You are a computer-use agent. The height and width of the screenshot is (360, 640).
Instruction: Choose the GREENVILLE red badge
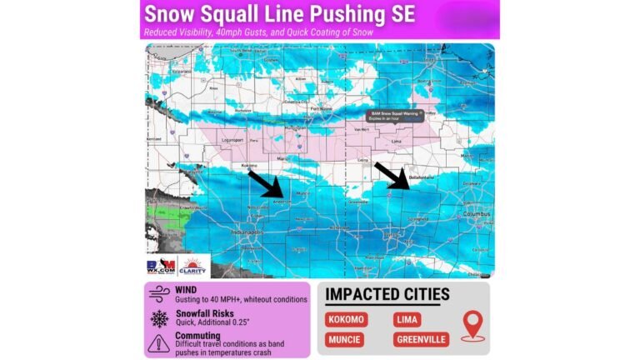click(420, 339)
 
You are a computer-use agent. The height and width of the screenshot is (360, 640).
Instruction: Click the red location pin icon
click(472, 325)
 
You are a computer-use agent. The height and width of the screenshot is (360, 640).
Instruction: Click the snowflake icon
click(158, 318)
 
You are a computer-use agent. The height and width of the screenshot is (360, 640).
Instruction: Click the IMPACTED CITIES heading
click(387, 294)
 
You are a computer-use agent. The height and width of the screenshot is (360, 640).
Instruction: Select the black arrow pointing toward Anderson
click(267, 183)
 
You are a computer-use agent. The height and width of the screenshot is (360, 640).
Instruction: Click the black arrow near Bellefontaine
click(391, 175)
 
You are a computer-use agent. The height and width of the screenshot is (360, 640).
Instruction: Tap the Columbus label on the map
click(477, 213)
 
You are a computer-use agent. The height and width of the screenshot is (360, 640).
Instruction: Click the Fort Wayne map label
click(321, 108)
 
